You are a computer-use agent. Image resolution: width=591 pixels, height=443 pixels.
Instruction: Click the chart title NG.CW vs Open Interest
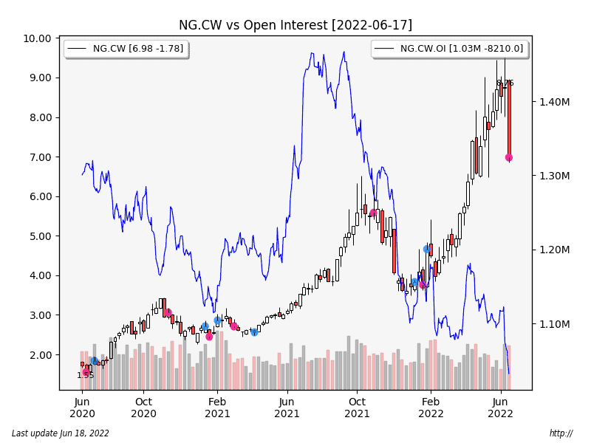tap(295, 25)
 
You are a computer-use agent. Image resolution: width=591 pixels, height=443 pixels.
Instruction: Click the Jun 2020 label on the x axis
tap(83, 408)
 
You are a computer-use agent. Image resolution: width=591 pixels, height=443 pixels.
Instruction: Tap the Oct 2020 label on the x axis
tap(143, 408)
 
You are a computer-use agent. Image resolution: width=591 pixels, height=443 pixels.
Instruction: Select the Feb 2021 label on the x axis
tap(217, 408)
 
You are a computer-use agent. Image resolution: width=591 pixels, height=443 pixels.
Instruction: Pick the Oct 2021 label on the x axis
tap(357, 408)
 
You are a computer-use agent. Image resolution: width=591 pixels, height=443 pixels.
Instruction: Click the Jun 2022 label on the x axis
tap(501, 408)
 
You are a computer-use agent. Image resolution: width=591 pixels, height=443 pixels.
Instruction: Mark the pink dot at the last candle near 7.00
tap(509, 157)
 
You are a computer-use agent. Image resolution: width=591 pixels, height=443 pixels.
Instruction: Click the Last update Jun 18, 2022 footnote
tap(61, 433)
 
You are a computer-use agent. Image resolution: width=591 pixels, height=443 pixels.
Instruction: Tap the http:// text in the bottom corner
tap(561, 433)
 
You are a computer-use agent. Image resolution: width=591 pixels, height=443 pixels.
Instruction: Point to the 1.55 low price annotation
tap(86, 376)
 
